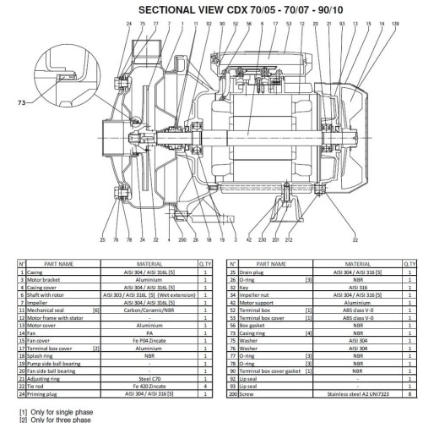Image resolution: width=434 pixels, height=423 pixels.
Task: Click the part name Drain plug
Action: [254, 271]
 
